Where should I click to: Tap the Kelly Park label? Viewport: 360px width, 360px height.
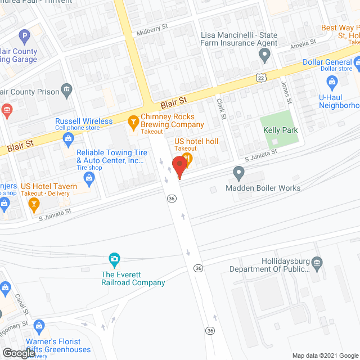click(x=280, y=130)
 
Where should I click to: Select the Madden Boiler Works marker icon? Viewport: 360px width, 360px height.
click(x=238, y=173)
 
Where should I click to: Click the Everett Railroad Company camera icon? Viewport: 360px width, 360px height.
click(x=115, y=260)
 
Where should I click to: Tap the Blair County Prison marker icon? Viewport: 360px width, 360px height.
click(x=66, y=89)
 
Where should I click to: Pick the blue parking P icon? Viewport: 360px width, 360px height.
click(x=24, y=38)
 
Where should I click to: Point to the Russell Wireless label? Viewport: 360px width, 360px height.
click(x=84, y=121)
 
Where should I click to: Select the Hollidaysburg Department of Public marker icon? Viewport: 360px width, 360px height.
click(x=317, y=262)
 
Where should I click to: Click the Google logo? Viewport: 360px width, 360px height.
click(x=18, y=353)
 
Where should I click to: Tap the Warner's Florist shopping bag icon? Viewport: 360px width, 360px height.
click(x=39, y=326)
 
